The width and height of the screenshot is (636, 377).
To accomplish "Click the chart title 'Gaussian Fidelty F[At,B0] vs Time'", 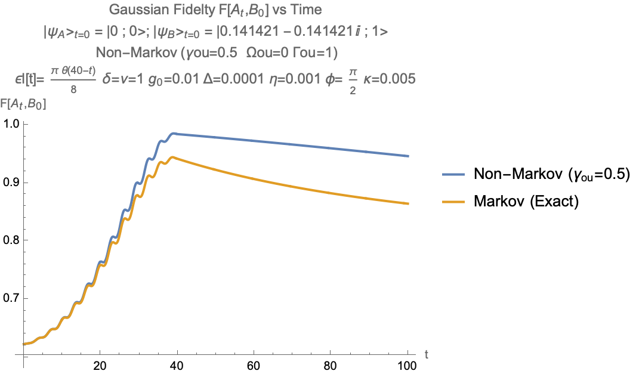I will [216, 10].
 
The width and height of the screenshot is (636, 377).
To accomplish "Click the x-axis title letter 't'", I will [427, 354].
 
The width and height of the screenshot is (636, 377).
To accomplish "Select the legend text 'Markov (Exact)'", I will [526, 202].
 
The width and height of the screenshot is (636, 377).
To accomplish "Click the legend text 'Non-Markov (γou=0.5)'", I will [552, 174].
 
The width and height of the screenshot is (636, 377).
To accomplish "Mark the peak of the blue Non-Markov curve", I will [173, 133].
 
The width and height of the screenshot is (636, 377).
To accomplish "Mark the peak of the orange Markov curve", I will [173, 157].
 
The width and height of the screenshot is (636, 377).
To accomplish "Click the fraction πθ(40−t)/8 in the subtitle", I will [72, 79].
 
